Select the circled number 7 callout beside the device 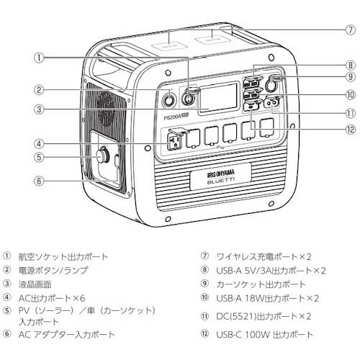coord(350,30)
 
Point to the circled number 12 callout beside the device coord(350,130)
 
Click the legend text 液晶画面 coord(37,283)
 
